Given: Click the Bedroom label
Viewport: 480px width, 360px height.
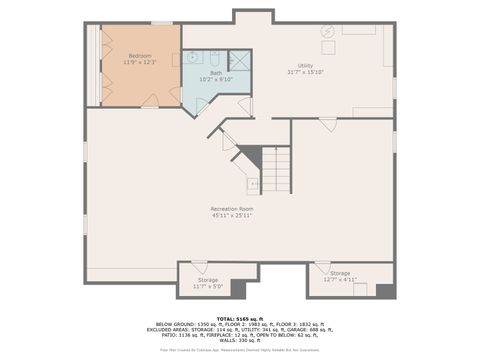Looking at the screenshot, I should click(140, 56).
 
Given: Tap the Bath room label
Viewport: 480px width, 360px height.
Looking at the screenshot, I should click(215, 73).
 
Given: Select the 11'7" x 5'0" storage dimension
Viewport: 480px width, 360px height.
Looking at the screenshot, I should click(208, 287).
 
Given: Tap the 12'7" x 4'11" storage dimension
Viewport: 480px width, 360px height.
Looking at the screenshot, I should click(340, 280).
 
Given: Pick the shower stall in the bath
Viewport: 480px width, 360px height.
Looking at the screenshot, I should click(239, 60).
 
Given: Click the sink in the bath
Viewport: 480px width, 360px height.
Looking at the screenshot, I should click(195, 58).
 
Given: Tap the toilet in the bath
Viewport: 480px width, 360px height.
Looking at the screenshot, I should click(214, 57).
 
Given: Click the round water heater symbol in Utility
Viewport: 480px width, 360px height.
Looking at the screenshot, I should click(327, 32).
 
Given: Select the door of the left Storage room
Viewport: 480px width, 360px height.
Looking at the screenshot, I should click(199, 267).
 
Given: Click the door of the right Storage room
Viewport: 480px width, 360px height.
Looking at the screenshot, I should click(322, 267).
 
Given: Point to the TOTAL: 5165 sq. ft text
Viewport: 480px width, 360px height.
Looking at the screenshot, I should click(239, 319).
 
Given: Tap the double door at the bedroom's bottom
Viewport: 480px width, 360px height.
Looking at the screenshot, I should click(150, 100).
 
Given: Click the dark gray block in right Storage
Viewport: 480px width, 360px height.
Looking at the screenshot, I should click(385, 290).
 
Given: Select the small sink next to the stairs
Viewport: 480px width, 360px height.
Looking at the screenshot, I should click(254, 184).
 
